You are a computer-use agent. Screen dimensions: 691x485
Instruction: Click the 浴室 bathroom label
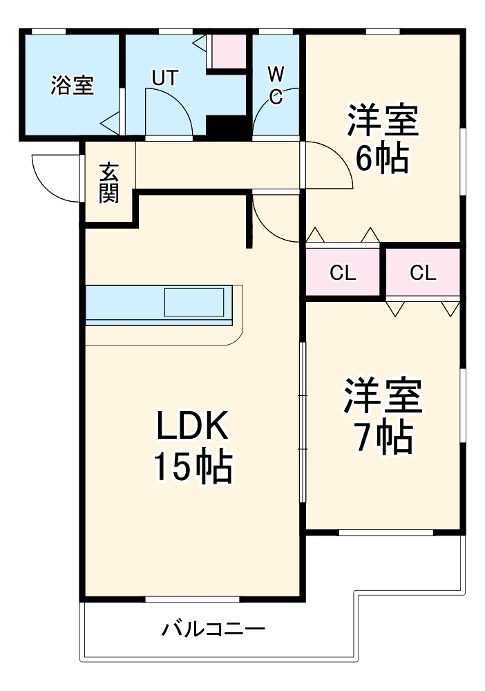click(x=72, y=86)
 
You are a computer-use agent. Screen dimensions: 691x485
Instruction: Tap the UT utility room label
click(x=164, y=78)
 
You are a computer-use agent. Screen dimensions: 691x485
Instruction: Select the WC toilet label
click(x=275, y=85)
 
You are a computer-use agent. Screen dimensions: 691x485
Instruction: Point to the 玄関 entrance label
click(x=108, y=183)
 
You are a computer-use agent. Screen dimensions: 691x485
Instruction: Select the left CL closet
click(x=343, y=273)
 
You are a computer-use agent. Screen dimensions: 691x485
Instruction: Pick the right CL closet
click(x=423, y=273)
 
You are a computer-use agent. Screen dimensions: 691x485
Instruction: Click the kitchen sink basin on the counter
click(x=194, y=302)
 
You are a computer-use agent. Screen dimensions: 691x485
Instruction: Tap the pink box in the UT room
click(x=228, y=50)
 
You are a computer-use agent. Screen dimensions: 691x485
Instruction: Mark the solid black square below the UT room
click(x=227, y=128)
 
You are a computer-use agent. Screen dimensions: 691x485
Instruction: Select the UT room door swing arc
click(x=169, y=111)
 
